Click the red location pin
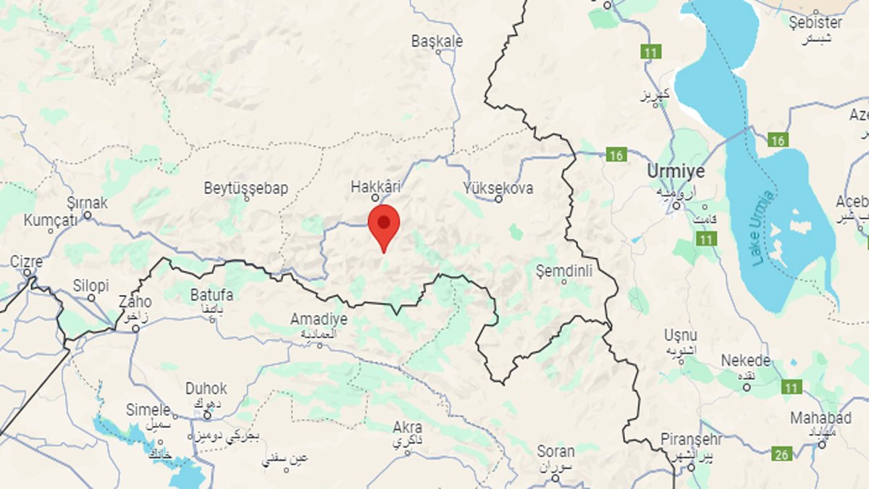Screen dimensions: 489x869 click(x=384, y=224)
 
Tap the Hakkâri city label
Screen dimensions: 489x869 click(x=376, y=187)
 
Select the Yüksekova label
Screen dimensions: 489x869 click(x=498, y=188)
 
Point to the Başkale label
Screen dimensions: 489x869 click(x=437, y=41)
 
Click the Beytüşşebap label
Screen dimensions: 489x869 click(x=246, y=188)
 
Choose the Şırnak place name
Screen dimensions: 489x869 click(x=87, y=203)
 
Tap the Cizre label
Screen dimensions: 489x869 click(x=26, y=262)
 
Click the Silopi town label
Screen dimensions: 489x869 click(x=91, y=285)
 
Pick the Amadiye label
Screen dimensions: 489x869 click(x=319, y=319)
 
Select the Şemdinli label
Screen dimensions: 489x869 click(x=564, y=271)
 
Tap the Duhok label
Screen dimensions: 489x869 click(x=206, y=388)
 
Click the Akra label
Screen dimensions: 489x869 click(x=407, y=427)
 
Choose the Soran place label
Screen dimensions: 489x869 click(x=555, y=451)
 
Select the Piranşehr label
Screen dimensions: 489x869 click(x=692, y=439)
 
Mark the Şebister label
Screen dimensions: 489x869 click(x=815, y=22)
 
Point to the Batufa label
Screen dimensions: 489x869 click(x=211, y=295)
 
